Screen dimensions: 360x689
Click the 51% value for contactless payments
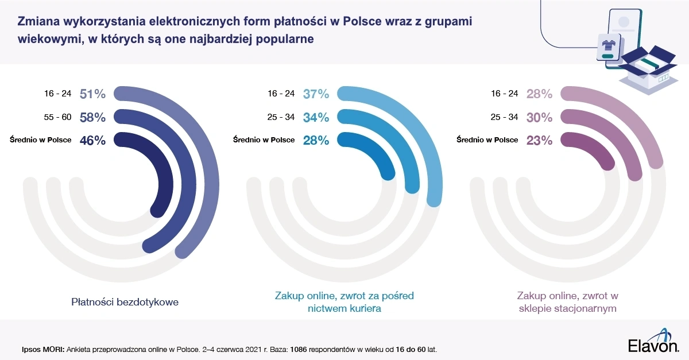coord(92,94)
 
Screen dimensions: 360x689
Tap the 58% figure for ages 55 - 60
coord(92,117)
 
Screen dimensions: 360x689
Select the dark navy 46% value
coord(92,140)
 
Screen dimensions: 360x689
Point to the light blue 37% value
coord(316,94)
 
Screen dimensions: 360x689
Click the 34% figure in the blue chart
coord(316,117)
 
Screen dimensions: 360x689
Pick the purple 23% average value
coord(539,140)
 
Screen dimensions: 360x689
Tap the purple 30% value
coord(539,117)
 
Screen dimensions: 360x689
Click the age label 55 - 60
coord(57,117)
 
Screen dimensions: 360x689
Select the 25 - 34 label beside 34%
coord(281,117)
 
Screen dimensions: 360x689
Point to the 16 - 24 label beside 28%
coord(504,94)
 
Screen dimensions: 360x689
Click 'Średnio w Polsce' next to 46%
coord(41,140)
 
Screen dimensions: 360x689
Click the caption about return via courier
coord(343,302)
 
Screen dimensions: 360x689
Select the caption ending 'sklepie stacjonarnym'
coord(567,302)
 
